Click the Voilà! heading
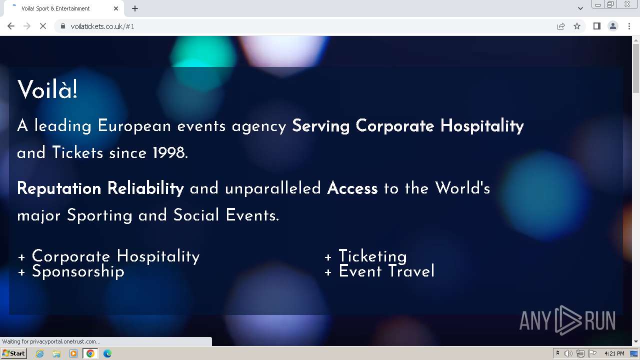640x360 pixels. tap(47, 89)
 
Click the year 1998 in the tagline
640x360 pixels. tap(169, 152)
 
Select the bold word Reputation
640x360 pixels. tap(59, 188)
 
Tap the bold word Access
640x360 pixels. tap(352, 188)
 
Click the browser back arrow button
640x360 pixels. tap(11, 26)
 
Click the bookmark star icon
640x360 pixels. tap(577, 26)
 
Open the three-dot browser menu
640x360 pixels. tap(629, 26)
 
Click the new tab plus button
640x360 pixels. tap(135, 8)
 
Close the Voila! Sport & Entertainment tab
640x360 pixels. tap(115, 8)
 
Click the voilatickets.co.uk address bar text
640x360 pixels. tap(102, 26)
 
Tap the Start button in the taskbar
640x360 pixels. tap(13, 353)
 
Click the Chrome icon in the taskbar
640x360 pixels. tap(90, 353)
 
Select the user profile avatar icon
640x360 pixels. tap(613, 26)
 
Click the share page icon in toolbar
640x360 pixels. tap(561, 26)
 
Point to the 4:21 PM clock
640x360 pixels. tap(614, 353)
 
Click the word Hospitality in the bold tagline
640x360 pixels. tap(482, 126)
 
